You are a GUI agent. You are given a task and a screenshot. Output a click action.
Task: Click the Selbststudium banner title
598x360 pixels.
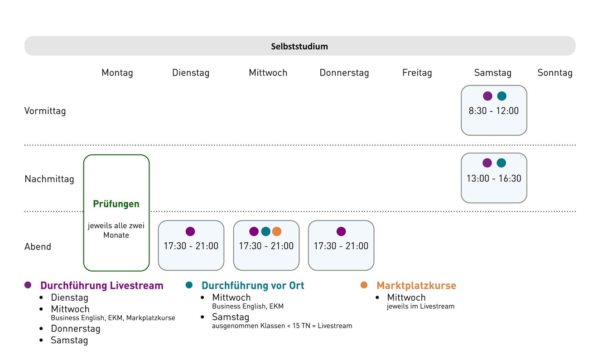pos(299,46)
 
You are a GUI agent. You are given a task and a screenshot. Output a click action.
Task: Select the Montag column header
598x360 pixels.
pos(117,73)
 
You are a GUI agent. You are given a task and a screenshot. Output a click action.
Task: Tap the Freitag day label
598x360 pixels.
pos(417,73)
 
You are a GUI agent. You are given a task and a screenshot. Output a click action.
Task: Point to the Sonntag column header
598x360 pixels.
pos(555,73)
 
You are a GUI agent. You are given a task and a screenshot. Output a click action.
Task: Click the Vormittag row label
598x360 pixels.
pos(45,111)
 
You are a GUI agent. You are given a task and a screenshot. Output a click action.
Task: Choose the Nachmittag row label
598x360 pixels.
pos(49,179)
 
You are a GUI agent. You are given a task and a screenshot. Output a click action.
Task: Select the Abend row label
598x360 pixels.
pos(38,247)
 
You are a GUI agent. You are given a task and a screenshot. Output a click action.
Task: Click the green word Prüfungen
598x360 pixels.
pos(116,204)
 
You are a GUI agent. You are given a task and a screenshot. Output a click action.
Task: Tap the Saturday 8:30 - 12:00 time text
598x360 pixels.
pos(493,111)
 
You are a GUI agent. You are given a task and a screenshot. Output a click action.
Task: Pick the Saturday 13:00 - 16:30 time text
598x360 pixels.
pos(493,178)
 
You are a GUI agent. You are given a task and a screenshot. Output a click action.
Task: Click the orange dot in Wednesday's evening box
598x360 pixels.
pos(277,231)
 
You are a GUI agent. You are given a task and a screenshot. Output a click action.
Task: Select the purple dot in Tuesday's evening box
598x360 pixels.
pos(190,231)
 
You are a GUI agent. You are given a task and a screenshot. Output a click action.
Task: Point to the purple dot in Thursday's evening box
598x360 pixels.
pos(341,231)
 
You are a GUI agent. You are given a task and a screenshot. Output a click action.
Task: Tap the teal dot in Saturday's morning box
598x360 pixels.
pos(502,96)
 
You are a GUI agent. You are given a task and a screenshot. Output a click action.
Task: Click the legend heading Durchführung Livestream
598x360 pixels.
pos(101,286)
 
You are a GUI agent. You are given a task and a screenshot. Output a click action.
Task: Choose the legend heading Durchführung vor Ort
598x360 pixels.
pos(253,286)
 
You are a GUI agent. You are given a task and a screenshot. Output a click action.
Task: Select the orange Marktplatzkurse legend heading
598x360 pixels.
pos(416,286)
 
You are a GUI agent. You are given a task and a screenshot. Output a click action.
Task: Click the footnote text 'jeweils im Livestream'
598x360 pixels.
pos(420,307)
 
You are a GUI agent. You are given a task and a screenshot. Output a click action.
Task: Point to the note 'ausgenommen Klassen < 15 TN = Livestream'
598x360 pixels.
pos(282,326)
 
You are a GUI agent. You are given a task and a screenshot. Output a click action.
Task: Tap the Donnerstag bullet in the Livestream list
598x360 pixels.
pos(75,329)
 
